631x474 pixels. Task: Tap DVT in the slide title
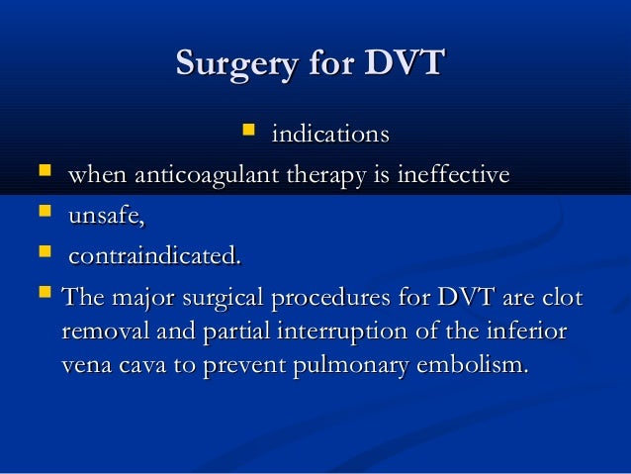[405, 64]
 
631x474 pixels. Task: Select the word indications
[329, 134]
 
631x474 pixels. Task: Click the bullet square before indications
[248, 130]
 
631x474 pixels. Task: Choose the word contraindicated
[153, 257]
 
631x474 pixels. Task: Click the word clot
[564, 298]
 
